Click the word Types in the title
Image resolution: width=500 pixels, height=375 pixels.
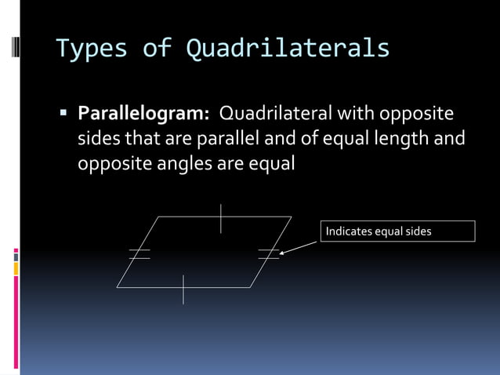point(90,49)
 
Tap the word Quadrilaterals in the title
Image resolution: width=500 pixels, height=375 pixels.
point(288,49)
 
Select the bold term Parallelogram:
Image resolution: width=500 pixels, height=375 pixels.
point(143,115)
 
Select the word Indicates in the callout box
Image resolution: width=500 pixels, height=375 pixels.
point(349,231)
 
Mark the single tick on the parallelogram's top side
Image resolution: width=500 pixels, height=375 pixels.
point(221,218)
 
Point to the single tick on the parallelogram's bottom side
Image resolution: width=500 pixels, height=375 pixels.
point(183,288)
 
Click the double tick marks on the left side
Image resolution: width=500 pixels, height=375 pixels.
point(139,253)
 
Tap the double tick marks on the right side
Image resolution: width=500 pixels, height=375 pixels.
point(269,253)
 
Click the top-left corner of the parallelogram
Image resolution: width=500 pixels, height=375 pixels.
point(161,217)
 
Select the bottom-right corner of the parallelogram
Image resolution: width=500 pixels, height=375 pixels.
point(250,287)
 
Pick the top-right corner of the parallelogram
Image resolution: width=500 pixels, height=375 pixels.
point(292,217)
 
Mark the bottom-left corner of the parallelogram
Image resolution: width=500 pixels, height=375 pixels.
point(118,287)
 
